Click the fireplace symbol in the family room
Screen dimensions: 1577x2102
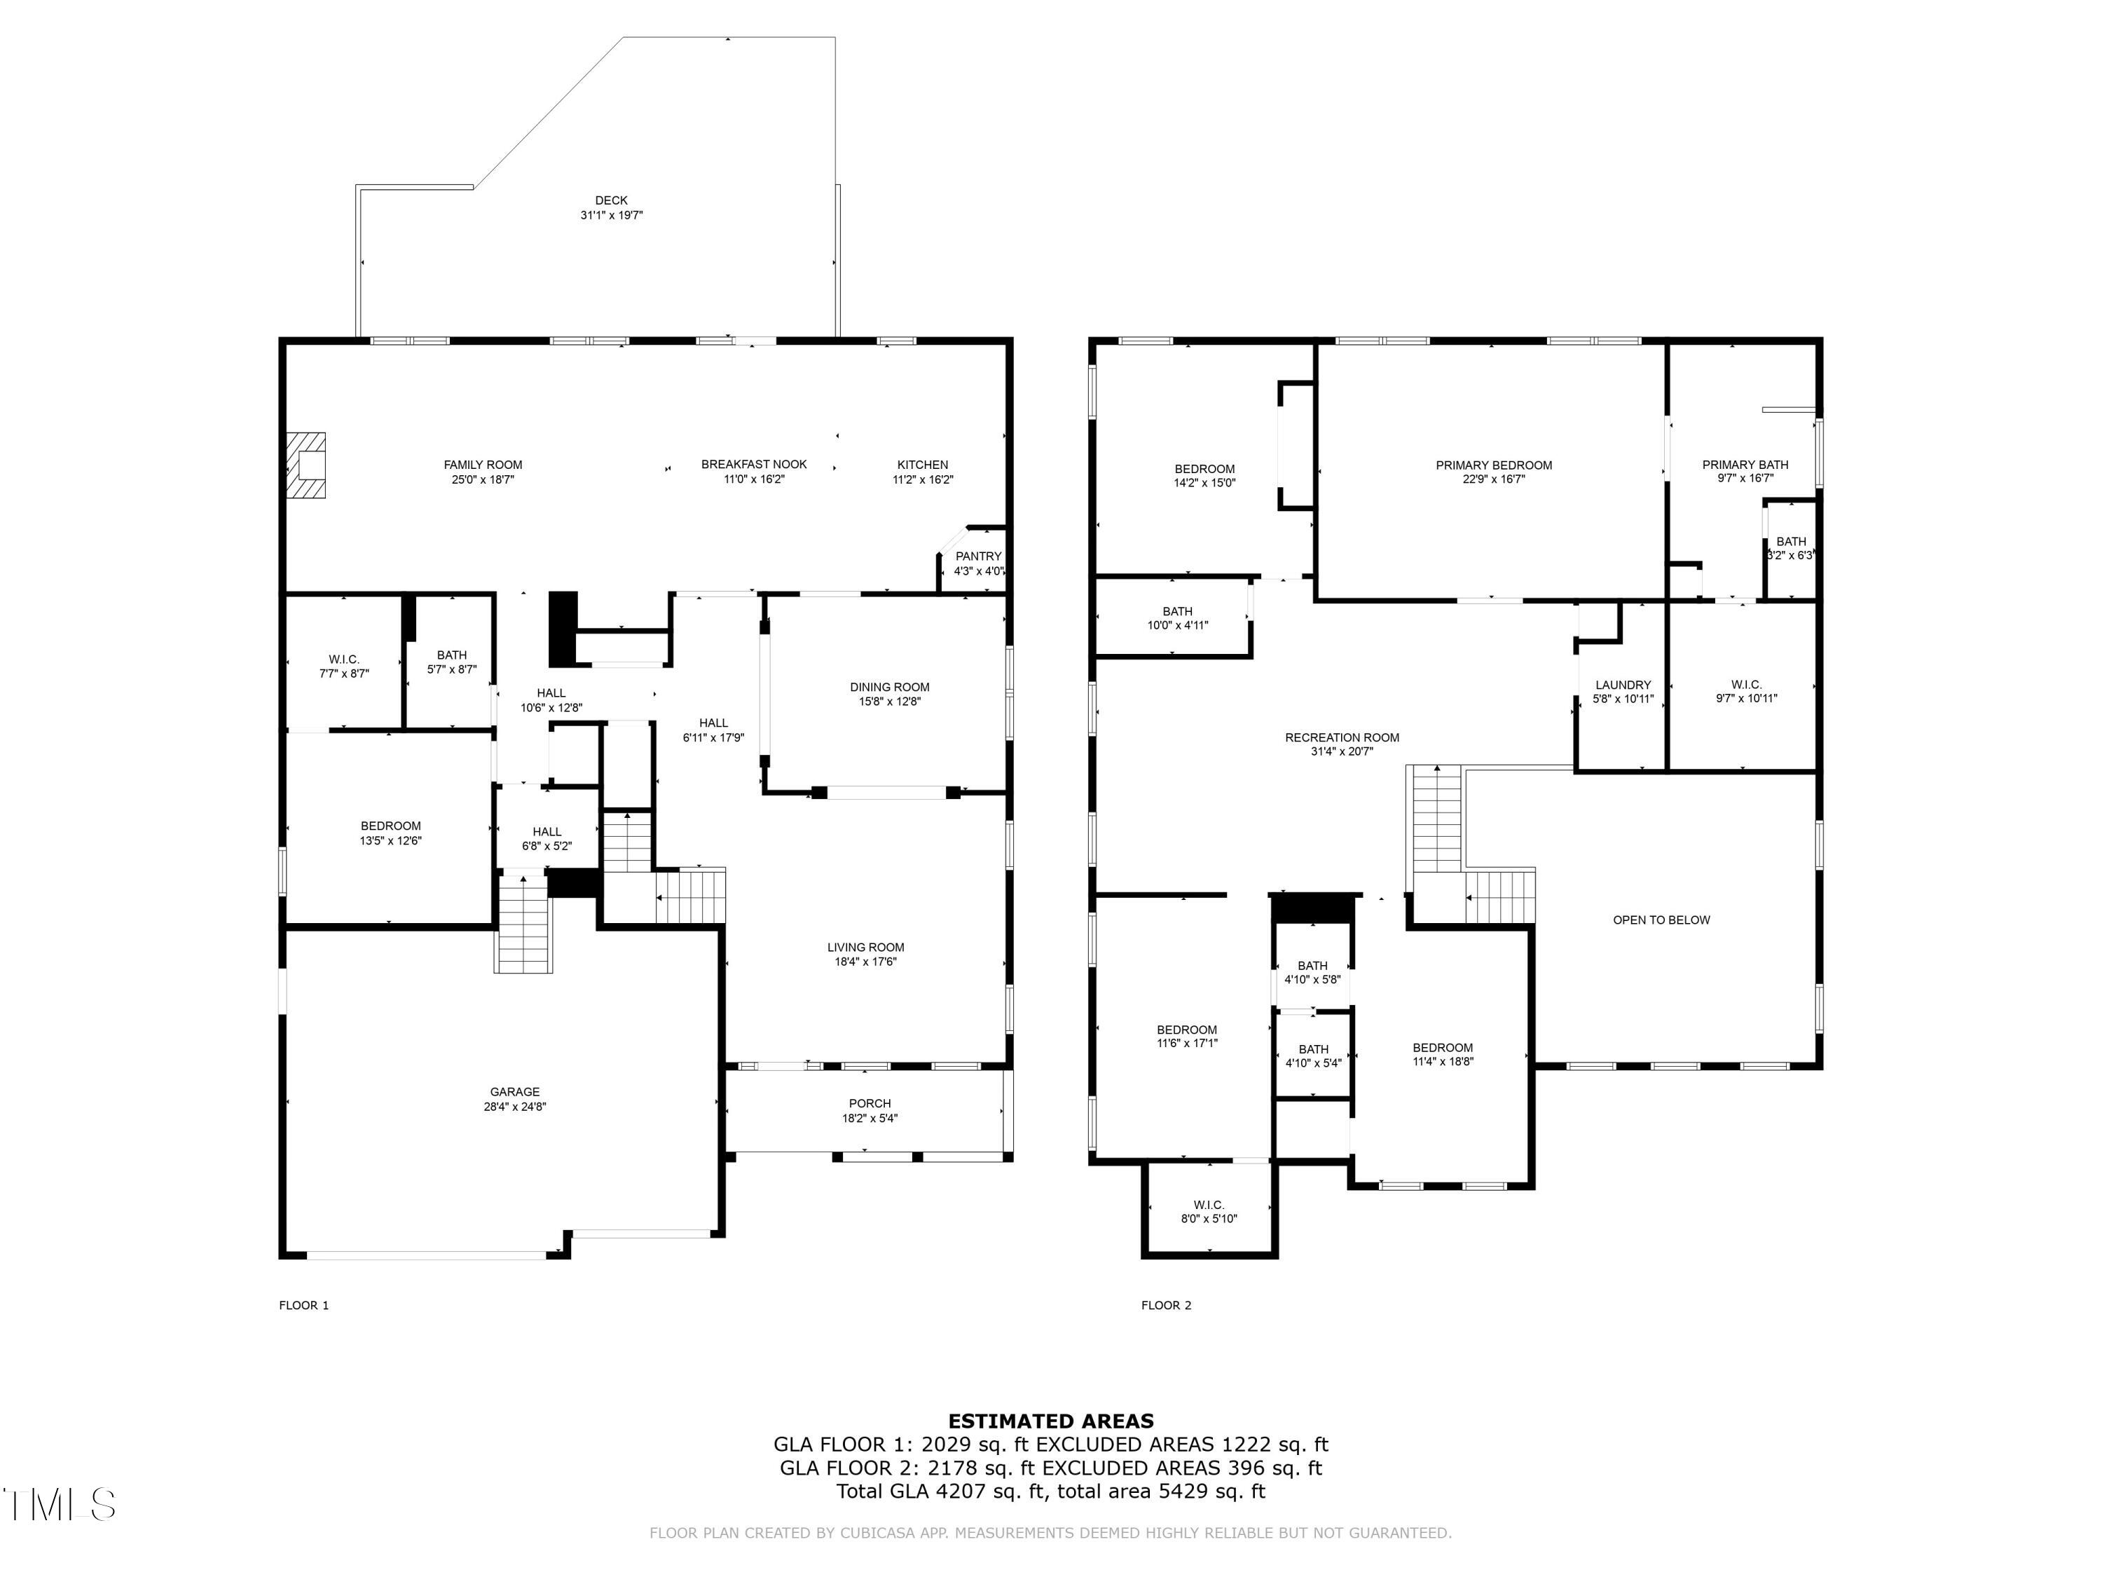click(307, 465)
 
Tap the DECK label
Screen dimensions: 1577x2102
click(611, 200)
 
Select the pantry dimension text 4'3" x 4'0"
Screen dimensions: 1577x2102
click(979, 571)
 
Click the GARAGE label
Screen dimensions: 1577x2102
click(514, 1092)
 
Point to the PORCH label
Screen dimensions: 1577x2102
click(870, 1104)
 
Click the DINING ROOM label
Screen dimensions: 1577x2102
click(889, 688)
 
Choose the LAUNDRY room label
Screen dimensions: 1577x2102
click(1623, 685)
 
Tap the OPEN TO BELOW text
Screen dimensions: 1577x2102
click(1661, 920)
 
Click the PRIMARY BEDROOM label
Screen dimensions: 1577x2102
click(1494, 465)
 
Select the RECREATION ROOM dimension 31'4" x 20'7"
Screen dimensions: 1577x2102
click(1342, 752)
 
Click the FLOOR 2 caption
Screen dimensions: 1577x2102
click(1166, 1305)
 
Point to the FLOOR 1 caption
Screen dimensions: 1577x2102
click(304, 1305)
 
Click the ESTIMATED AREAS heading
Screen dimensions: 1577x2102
click(1051, 1421)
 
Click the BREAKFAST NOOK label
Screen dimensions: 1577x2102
click(753, 465)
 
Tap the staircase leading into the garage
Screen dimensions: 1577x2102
click(523, 924)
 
